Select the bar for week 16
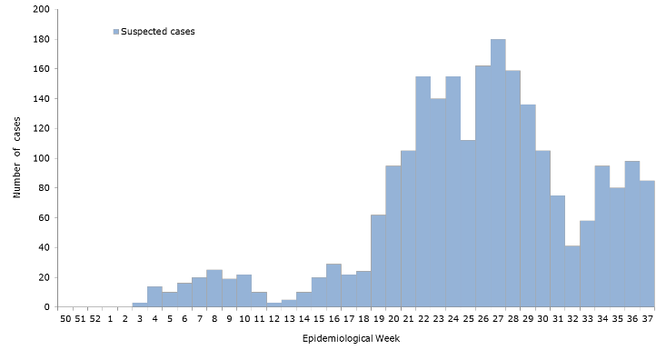[x=333, y=285]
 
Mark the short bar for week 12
[x=274, y=305]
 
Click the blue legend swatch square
[x=116, y=31]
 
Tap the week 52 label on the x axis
[x=94, y=319]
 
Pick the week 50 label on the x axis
[x=65, y=319]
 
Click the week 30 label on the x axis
[x=542, y=319]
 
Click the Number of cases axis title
[x=17, y=158]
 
